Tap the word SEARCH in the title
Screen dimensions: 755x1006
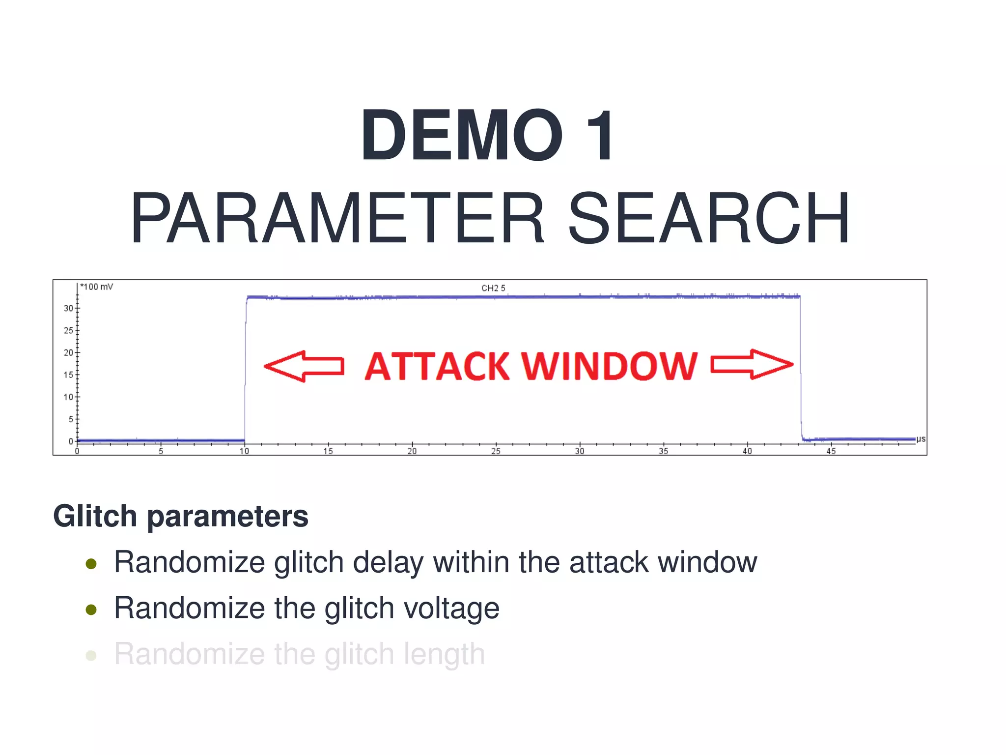[708, 218]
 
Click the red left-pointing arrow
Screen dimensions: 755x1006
[304, 366]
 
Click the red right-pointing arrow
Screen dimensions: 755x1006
[752, 364]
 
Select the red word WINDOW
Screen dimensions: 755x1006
[609, 366]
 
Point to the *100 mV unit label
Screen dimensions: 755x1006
[97, 287]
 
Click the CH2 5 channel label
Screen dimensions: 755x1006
[493, 288]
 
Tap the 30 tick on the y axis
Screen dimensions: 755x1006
[68, 308]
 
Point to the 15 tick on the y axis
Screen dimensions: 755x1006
[68, 375]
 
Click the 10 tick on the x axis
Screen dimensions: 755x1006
[244, 451]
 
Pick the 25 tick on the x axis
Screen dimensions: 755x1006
[496, 451]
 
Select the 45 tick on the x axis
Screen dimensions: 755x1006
[831, 451]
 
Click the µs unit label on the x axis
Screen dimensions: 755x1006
[921, 439]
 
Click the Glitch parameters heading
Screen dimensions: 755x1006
[181, 516]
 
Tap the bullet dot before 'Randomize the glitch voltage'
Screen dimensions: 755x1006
[91, 610]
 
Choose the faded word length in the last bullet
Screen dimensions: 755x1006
[444, 655]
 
